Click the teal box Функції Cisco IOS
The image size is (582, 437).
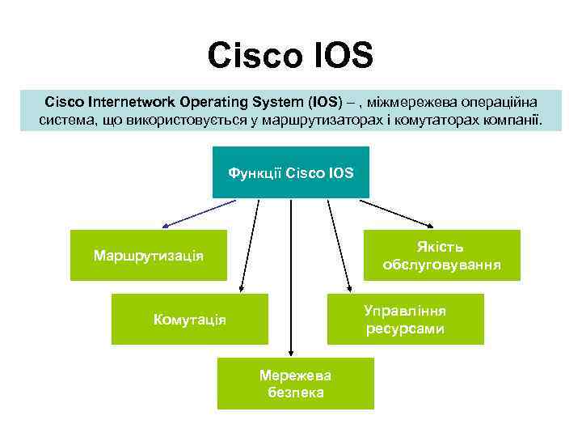(x=291, y=172)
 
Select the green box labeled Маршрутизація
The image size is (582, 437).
(x=149, y=256)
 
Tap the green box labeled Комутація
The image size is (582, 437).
(x=190, y=320)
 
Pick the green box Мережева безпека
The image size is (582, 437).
(x=295, y=384)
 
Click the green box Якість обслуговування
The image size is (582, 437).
(x=441, y=255)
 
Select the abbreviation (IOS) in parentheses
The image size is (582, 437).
(x=324, y=103)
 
